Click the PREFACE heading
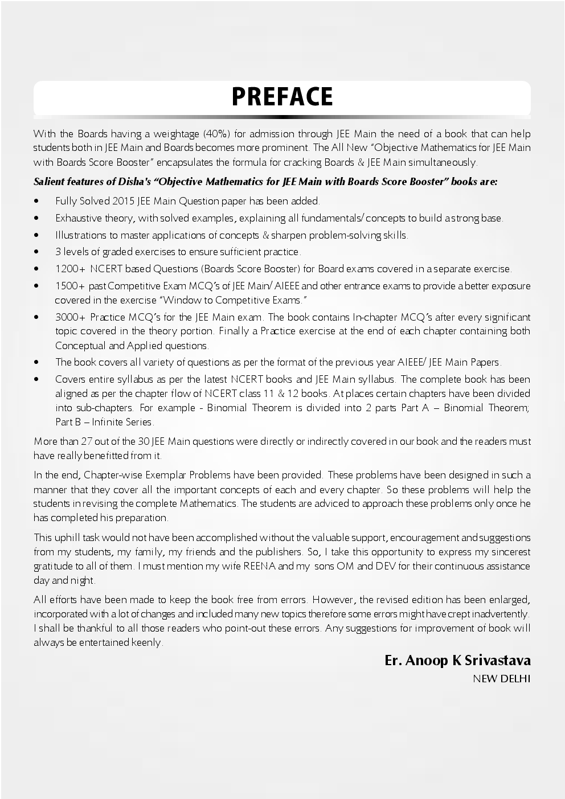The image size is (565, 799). point(282,97)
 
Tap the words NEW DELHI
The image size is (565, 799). point(501,678)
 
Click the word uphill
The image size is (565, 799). point(68,538)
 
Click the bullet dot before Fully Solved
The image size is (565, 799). point(37,202)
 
